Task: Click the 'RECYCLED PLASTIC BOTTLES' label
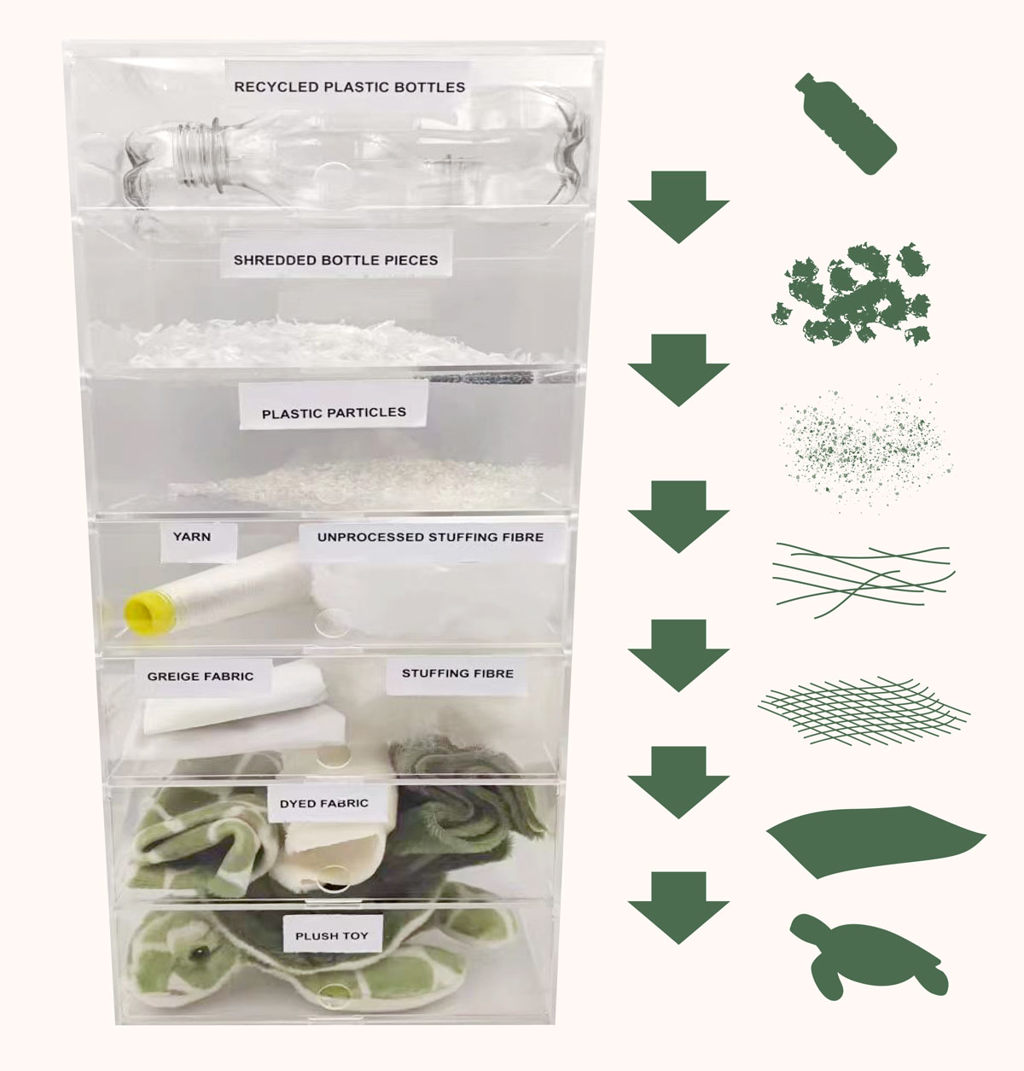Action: (349, 87)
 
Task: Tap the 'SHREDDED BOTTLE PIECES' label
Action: (335, 259)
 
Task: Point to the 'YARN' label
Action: (191, 537)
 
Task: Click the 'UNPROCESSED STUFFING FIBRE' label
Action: (430, 537)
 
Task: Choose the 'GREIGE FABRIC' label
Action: (201, 677)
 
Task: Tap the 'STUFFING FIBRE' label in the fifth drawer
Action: (457, 673)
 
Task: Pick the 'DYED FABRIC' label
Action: (323, 804)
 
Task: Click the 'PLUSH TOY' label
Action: (332, 935)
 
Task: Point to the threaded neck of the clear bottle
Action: (200, 157)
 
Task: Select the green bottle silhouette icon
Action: (846, 124)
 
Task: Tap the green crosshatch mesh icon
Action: (864, 711)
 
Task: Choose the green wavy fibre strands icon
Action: (864, 579)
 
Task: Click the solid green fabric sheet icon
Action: (875, 841)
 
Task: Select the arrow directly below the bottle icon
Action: (678, 207)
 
